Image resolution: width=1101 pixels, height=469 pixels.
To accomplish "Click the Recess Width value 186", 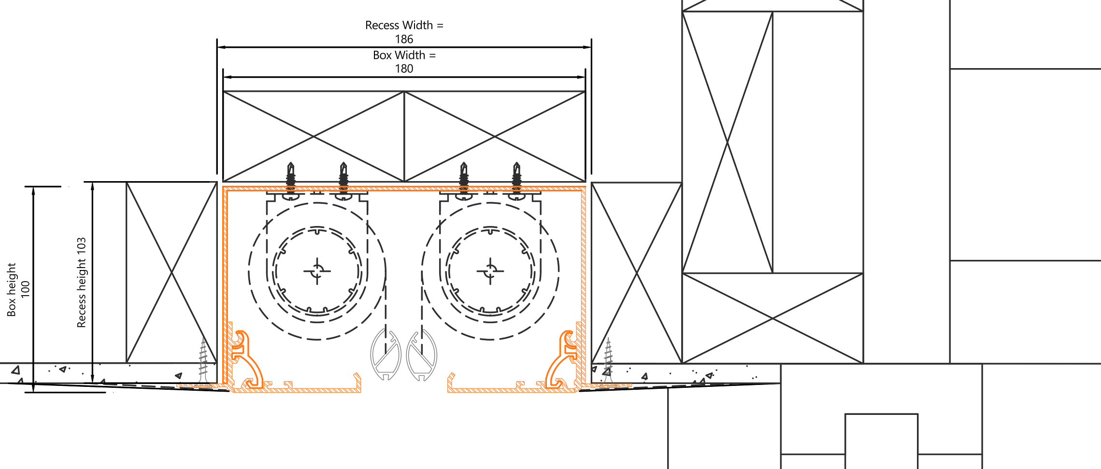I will (x=404, y=39).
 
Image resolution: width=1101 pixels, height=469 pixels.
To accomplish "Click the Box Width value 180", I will (x=404, y=69).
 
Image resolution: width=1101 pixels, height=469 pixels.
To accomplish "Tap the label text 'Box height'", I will (x=12, y=290).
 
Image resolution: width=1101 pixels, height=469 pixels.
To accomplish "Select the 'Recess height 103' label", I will (x=82, y=283).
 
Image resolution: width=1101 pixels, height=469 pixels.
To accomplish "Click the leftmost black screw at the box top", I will (x=290, y=179).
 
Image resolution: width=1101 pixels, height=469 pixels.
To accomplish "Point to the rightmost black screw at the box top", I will (x=516, y=179).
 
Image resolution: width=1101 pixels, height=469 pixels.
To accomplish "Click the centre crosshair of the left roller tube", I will (x=317, y=271).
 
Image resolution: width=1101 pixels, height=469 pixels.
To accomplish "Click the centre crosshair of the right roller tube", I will (x=490, y=271).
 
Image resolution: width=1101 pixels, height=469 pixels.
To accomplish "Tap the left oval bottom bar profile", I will (x=386, y=355).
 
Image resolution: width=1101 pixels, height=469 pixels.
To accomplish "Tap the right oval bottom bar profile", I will (x=422, y=355).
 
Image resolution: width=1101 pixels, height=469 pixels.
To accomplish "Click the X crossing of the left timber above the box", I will (x=314, y=137).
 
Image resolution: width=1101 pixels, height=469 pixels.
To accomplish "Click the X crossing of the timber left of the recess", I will (x=172, y=273).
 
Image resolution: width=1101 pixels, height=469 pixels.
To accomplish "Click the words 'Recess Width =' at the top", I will (x=404, y=25).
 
